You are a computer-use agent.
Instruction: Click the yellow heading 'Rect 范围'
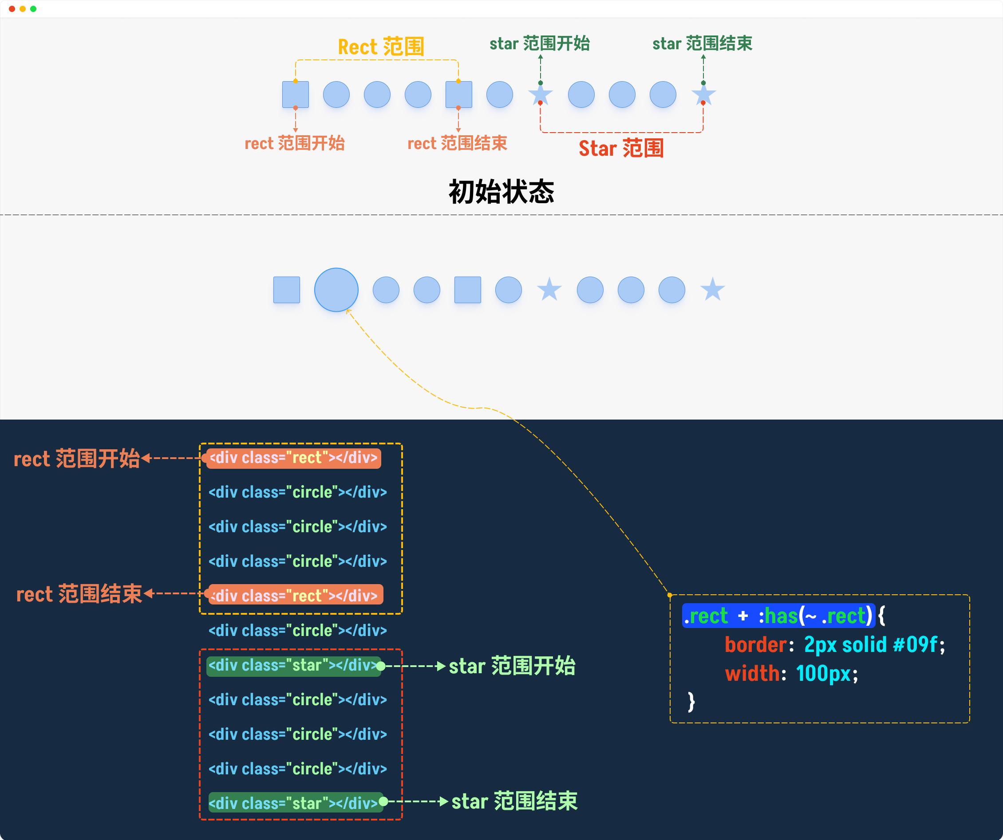(381, 47)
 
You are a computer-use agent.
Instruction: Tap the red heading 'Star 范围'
(621, 148)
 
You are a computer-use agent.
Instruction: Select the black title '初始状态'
(501, 192)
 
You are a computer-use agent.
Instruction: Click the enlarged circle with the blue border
(336, 290)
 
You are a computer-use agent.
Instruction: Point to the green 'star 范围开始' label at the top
(540, 43)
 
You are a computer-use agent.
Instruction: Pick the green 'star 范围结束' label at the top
(702, 43)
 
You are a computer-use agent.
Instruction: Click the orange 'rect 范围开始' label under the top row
(295, 143)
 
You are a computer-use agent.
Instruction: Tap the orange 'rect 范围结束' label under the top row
(457, 143)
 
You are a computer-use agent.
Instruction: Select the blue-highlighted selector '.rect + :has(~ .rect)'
(778, 616)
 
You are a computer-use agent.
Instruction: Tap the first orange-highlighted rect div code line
(294, 458)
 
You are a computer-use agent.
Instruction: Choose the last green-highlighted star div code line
(296, 803)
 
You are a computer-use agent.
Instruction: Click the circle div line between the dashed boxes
(297, 631)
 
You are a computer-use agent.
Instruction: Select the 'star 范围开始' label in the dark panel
(512, 666)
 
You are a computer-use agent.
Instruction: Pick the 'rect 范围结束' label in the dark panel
(79, 594)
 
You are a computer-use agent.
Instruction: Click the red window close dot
(12, 8)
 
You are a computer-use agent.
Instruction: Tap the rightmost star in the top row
(703, 94)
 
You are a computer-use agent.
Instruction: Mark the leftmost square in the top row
(296, 94)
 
